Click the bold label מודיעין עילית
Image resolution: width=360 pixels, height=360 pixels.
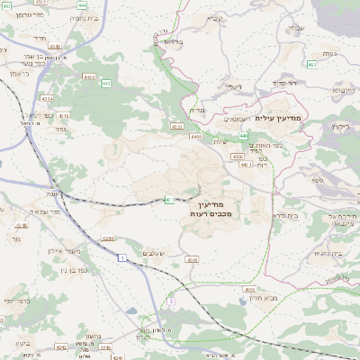281,119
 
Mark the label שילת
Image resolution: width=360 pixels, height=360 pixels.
220,141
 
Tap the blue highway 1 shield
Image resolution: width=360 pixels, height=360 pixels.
121,258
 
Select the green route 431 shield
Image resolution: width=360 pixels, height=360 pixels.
168,200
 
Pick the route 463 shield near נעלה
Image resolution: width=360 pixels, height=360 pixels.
311,65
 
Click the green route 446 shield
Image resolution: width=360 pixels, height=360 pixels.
195,136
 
